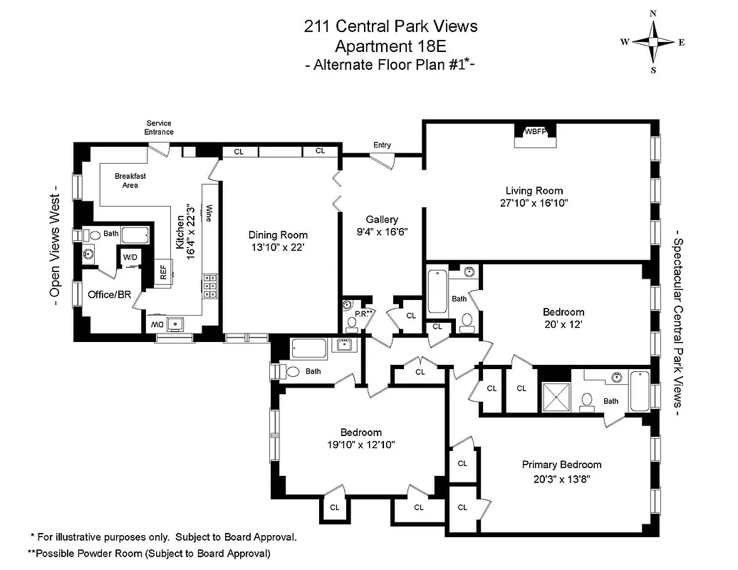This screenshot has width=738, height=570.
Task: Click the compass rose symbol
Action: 653,42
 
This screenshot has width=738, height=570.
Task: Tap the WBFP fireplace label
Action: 536,132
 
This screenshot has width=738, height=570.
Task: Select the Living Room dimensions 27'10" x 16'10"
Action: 534,203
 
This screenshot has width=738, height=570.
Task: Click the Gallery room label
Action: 382,219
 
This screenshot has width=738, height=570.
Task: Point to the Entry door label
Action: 382,145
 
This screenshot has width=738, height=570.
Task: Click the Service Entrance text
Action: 159,128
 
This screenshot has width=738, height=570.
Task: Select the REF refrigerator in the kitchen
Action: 163,271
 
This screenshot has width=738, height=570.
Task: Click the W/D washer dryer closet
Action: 130,256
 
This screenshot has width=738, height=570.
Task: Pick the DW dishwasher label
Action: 157,325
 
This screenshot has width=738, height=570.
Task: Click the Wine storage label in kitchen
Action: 209,214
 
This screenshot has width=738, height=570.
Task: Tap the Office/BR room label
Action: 109,294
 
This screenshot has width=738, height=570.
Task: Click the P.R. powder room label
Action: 350,313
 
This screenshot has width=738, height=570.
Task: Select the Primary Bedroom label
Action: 561,465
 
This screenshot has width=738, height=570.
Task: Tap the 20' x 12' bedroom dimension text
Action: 563,324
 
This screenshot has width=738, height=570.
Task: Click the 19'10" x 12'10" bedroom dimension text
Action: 360,445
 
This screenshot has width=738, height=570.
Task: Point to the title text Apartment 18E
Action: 390,47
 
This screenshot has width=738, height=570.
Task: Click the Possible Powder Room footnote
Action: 149,553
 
